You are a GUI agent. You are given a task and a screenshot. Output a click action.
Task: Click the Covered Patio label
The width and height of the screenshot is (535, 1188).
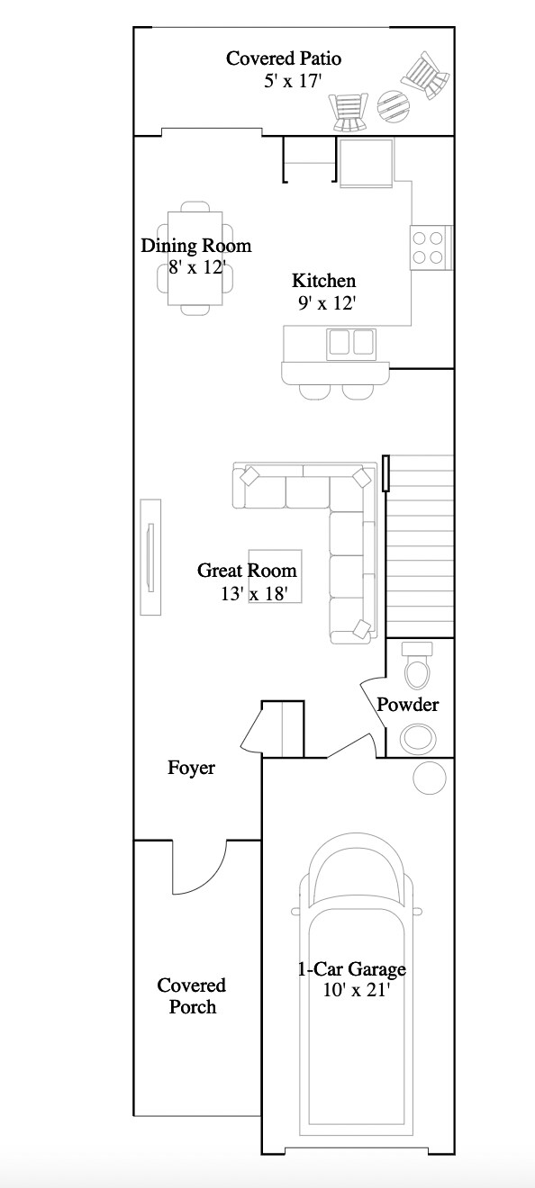(x=284, y=58)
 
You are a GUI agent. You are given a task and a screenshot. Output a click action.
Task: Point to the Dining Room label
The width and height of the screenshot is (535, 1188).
(x=195, y=246)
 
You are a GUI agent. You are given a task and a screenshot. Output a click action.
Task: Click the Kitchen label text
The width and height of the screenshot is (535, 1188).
(x=323, y=281)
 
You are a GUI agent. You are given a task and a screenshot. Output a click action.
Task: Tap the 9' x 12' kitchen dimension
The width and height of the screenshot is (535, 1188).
(x=328, y=303)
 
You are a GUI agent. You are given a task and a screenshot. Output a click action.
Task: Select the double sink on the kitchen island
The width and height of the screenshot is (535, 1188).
(x=351, y=342)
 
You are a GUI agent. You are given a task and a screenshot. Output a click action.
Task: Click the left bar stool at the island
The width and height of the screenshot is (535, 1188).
(x=314, y=390)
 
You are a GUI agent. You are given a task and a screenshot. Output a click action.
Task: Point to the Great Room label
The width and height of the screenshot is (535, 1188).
(x=247, y=571)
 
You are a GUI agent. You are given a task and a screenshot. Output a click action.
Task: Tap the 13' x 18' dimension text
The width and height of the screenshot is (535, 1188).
(x=254, y=593)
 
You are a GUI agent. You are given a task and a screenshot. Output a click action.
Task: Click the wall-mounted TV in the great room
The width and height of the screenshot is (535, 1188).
(x=150, y=558)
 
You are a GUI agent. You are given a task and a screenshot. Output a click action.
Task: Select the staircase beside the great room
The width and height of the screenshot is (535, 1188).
(x=420, y=545)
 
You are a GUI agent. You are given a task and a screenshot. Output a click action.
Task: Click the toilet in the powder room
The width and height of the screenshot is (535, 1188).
(x=416, y=666)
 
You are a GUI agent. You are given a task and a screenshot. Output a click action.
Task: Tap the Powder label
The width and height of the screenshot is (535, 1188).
(x=407, y=704)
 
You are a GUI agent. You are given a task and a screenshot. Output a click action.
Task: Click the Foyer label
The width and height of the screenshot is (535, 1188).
(x=191, y=768)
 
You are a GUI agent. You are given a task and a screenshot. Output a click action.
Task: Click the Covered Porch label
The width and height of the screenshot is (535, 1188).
(x=192, y=996)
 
